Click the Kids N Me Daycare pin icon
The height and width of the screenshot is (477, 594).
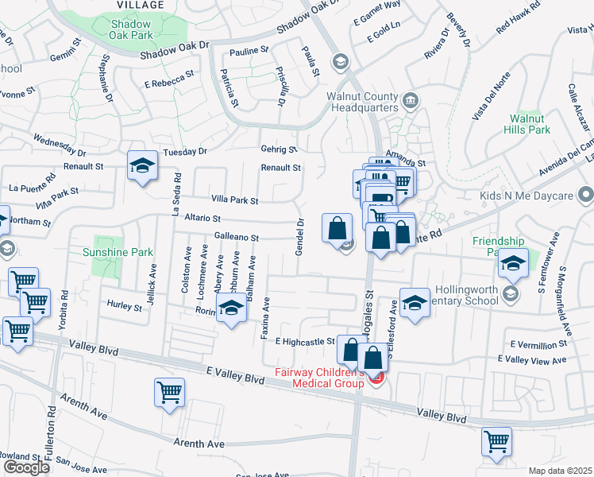(586, 195)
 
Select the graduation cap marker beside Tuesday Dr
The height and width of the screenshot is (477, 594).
(142, 166)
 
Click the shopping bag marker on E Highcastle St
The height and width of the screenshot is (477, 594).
(351, 349)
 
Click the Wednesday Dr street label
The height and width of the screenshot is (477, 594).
(60, 145)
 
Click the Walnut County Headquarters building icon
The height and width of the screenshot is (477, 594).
(410, 100)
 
